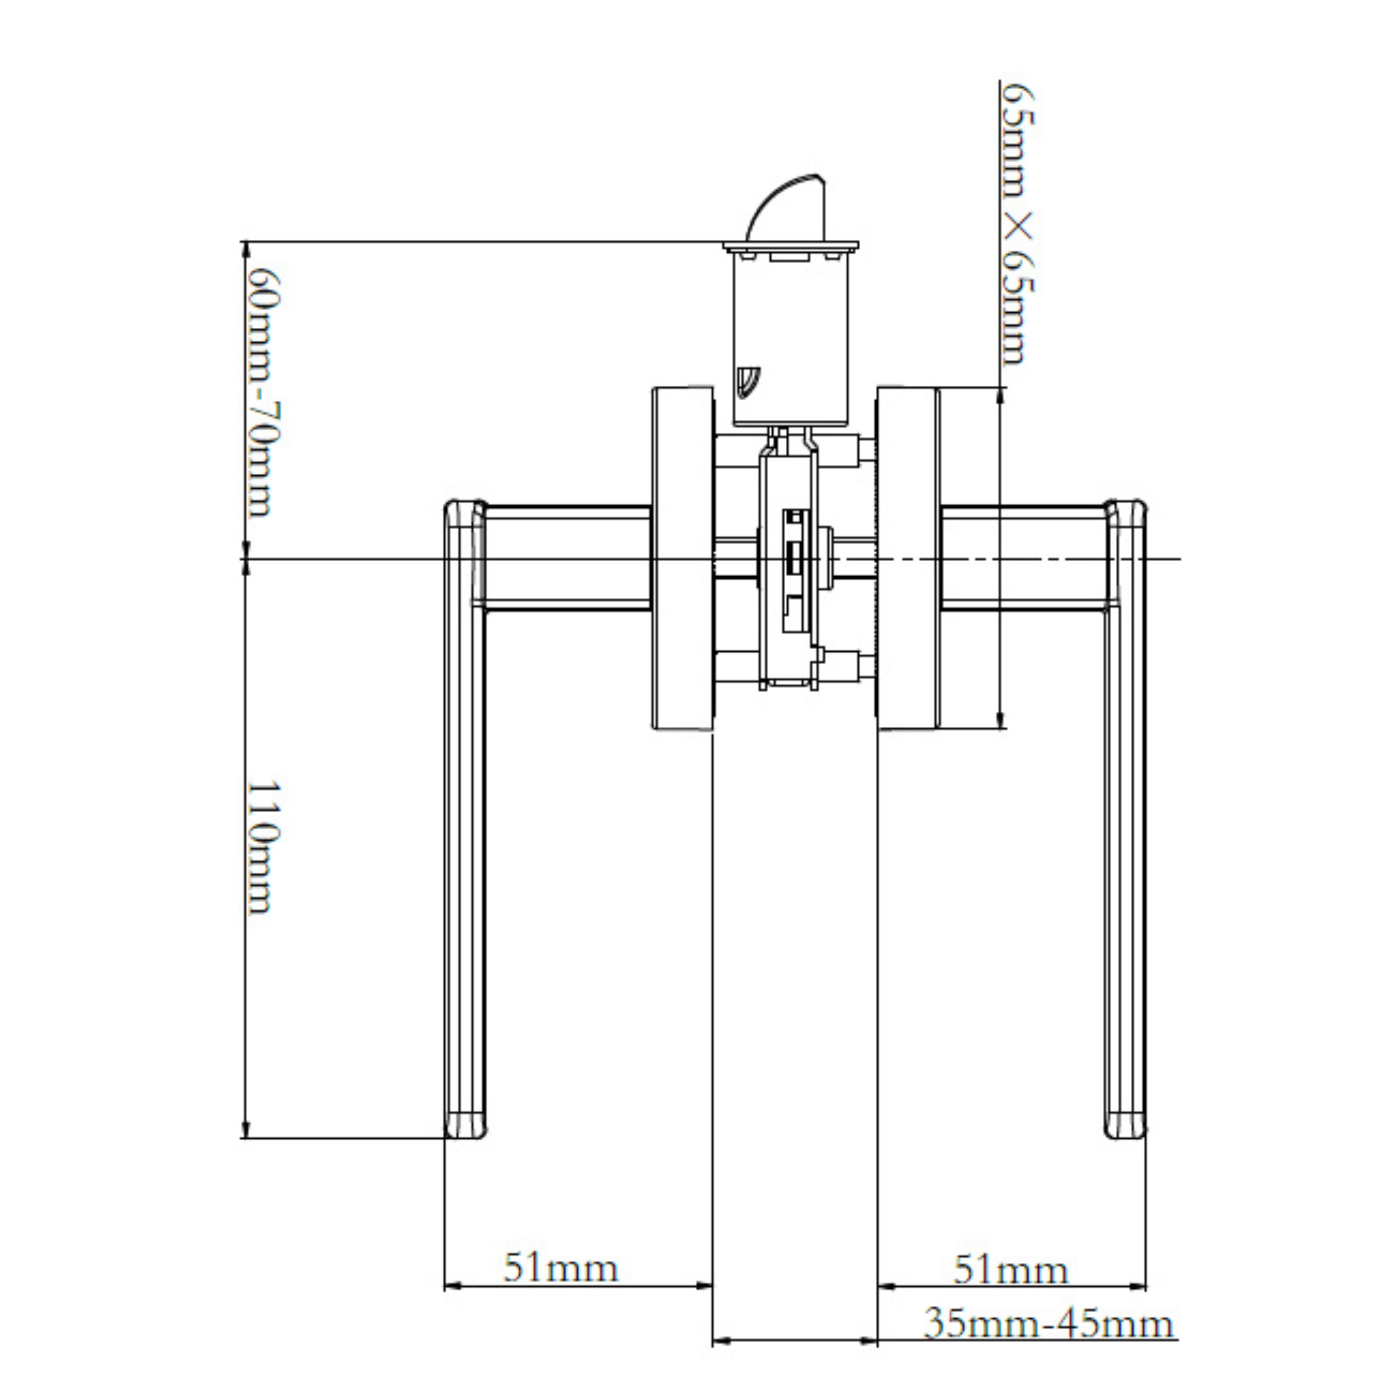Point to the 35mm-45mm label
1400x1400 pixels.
click(x=1048, y=1324)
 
